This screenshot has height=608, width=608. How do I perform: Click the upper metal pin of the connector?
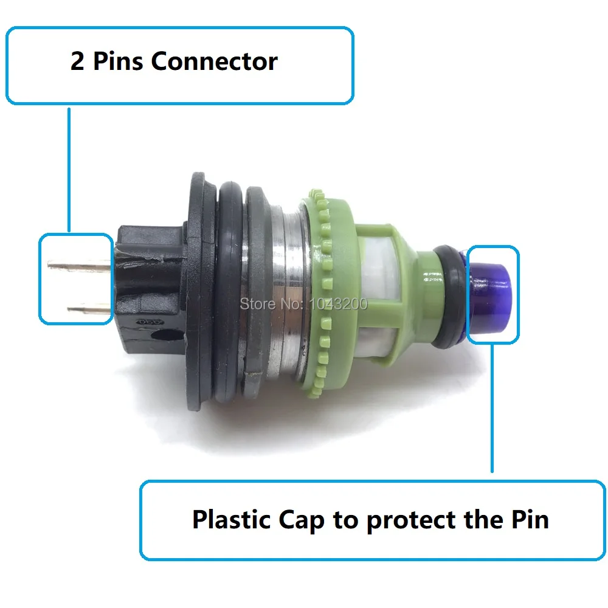coord(79,264)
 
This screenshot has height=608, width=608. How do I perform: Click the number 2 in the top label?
coord(77,62)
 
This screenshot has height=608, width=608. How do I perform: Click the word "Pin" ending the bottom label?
coord(528,520)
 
